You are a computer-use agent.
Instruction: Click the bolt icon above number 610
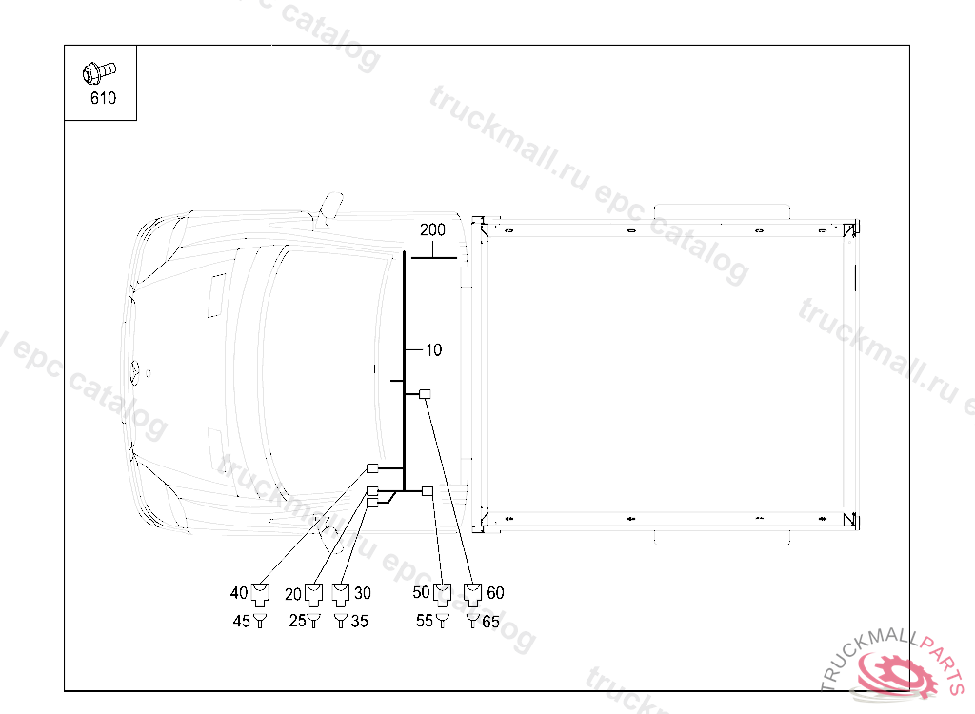coord(99,72)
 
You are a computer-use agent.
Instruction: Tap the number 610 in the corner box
coord(103,98)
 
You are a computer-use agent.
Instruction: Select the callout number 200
coord(432,230)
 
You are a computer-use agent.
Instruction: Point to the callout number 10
coord(433,350)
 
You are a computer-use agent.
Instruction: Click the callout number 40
coord(239,593)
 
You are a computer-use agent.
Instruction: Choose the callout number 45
coord(241,621)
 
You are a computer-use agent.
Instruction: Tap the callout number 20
coord(293,595)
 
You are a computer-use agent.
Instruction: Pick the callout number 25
coord(298,621)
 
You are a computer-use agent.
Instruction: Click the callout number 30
coord(363,593)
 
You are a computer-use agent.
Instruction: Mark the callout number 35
coord(359,621)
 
